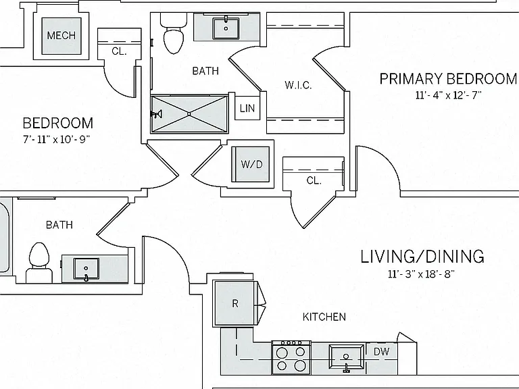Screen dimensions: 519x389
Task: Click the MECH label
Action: click(61, 35)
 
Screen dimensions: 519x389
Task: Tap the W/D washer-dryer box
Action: click(251, 164)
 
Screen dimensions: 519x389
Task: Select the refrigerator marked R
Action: click(234, 303)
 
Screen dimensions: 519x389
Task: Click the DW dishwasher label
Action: click(381, 351)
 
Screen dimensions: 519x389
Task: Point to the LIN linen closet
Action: click(247, 108)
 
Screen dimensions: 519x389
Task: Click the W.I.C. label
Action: click(298, 85)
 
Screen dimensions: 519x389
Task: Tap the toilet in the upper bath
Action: click(174, 34)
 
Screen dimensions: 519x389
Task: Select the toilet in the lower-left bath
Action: click(39, 263)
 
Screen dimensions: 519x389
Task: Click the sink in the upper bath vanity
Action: click(226, 28)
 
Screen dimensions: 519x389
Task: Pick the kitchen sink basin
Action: click(346, 357)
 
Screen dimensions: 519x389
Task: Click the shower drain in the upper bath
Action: click(189, 113)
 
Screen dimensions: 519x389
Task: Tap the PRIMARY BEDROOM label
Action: click(448, 79)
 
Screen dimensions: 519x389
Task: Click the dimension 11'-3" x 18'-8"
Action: click(422, 274)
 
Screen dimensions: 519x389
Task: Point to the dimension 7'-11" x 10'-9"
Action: click(57, 139)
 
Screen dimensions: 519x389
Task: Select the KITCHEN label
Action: click(324, 317)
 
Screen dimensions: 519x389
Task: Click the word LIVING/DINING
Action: click(422, 257)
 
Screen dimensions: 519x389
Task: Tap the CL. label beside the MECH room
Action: click(119, 51)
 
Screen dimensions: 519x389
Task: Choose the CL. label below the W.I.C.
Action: click(314, 180)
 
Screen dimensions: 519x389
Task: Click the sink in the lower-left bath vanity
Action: click(86, 269)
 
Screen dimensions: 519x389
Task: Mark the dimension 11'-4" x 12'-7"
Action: click(448, 95)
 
